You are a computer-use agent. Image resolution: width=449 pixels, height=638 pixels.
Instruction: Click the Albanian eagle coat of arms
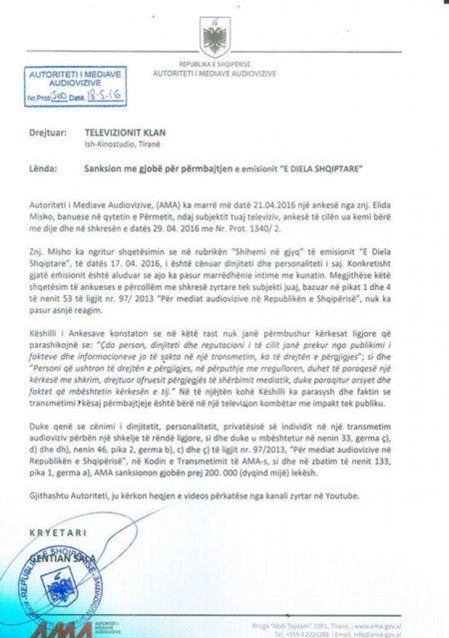216,36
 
